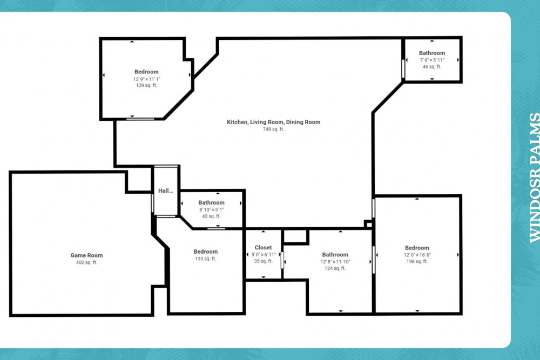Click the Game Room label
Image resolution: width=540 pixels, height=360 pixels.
[86, 255]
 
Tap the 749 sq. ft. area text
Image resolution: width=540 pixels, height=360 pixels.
[273, 130]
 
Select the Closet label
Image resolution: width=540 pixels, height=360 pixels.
[263, 247]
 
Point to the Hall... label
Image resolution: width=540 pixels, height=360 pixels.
[165, 191]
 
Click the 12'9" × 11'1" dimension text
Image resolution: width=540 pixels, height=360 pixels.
[147, 79]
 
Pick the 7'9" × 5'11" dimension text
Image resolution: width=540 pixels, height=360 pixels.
[432, 60]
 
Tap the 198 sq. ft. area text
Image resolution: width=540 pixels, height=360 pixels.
[417, 262]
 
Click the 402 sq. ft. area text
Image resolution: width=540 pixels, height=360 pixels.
[86, 262]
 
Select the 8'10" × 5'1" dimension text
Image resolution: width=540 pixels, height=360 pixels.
[211, 209]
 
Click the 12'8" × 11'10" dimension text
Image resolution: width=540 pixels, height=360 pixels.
[335, 262]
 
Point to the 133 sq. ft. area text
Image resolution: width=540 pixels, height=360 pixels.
[206, 259]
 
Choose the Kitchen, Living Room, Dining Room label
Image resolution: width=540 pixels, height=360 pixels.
[273, 122]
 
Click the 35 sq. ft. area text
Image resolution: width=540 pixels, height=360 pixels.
[263, 261]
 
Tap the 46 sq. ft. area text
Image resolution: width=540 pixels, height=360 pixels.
[432, 67]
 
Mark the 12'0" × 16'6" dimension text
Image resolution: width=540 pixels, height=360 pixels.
[417, 255]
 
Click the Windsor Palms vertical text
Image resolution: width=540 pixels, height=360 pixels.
[534, 178]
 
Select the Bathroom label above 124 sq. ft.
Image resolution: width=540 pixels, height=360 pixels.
[335, 255]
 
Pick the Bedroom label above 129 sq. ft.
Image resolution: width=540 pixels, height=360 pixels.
[146, 72]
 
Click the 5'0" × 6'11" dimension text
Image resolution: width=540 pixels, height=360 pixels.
[264, 255]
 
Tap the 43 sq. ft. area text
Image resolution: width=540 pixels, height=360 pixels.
[211, 216]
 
